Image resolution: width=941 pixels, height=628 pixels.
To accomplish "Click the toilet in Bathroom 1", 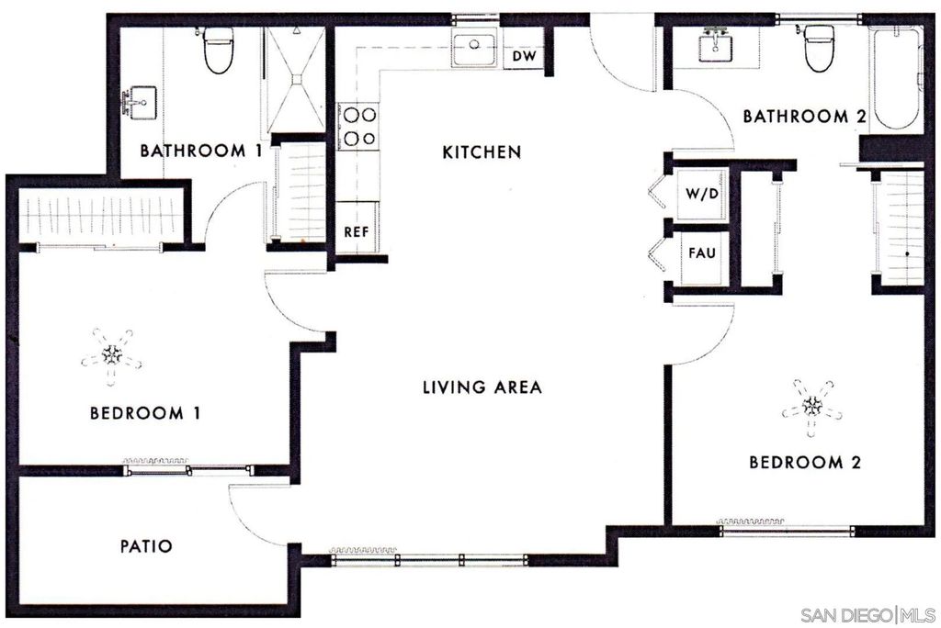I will tap(218, 52).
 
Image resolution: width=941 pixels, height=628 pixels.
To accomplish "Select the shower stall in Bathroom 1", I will tap(294, 81).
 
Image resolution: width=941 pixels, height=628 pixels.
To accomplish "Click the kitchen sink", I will tap(475, 47).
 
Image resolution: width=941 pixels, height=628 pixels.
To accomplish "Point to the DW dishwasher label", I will tap(524, 57).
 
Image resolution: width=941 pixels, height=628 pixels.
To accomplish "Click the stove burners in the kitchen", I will tap(358, 127).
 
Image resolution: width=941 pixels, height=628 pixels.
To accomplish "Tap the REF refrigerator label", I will tap(357, 232).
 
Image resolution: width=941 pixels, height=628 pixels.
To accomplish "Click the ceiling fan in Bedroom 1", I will tap(112, 353).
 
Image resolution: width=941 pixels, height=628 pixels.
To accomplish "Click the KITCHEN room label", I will tap(482, 151).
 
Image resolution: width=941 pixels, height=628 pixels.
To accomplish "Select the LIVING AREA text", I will tap(482, 387).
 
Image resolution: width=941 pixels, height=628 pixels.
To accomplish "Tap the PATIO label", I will tap(146, 546).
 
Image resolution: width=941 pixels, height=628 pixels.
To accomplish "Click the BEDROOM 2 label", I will tap(804, 462).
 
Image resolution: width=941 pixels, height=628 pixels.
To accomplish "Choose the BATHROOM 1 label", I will tap(194, 150).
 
